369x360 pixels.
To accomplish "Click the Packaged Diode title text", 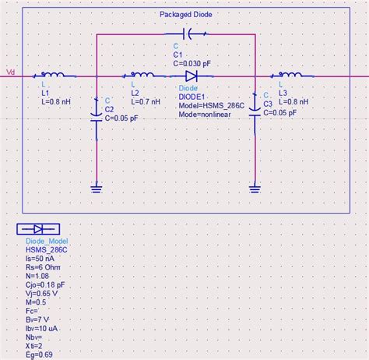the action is [x=186, y=14].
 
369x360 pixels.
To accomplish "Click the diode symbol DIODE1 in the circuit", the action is [x=192, y=76].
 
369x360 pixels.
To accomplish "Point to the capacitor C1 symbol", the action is [x=187, y=34].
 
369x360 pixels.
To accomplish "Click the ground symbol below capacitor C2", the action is [x=97, y=189].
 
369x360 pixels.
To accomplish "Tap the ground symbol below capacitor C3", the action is [x=255, y=189].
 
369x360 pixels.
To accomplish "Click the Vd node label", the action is [x=10, y=72].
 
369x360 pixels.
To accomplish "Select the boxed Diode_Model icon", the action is [x=38, y=229].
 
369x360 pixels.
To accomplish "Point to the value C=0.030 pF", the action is [x=192, y=63].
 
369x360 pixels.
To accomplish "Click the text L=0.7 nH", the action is [x=146, y=101].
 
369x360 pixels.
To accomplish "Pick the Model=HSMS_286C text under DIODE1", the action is [x=212, y=106].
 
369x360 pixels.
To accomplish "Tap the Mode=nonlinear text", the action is [x=205, y=115].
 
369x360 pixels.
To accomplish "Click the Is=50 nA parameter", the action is [x=40, y=259].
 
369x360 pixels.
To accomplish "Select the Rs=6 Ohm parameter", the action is [x=43, y=267].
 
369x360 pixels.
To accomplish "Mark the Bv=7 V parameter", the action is [x=37, y=319].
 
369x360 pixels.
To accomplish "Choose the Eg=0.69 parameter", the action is [x=39, y=355].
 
